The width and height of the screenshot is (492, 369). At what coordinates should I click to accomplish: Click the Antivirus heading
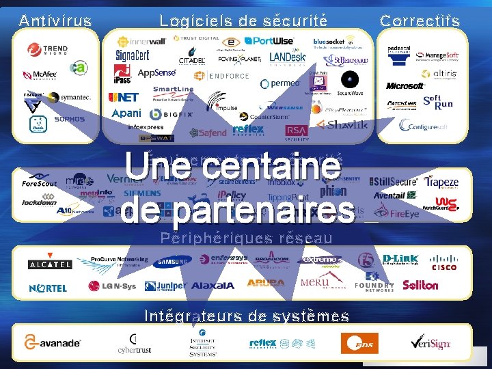[55, 20]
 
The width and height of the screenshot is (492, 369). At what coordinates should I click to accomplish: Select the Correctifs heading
[420, 20]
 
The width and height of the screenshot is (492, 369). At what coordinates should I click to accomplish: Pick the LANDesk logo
[287, 58]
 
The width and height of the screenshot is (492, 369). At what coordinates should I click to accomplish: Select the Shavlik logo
[346, 124]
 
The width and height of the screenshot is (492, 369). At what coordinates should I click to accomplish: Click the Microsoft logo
[405, 86]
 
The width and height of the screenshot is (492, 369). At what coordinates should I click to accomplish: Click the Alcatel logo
[50, 264]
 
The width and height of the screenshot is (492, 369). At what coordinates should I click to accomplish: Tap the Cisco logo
[444, 262]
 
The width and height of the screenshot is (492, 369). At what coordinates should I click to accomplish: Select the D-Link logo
[400, 259]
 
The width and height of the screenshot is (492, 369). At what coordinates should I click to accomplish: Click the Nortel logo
[48, 288]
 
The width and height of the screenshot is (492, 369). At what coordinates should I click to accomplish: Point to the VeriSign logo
[430, 342]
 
